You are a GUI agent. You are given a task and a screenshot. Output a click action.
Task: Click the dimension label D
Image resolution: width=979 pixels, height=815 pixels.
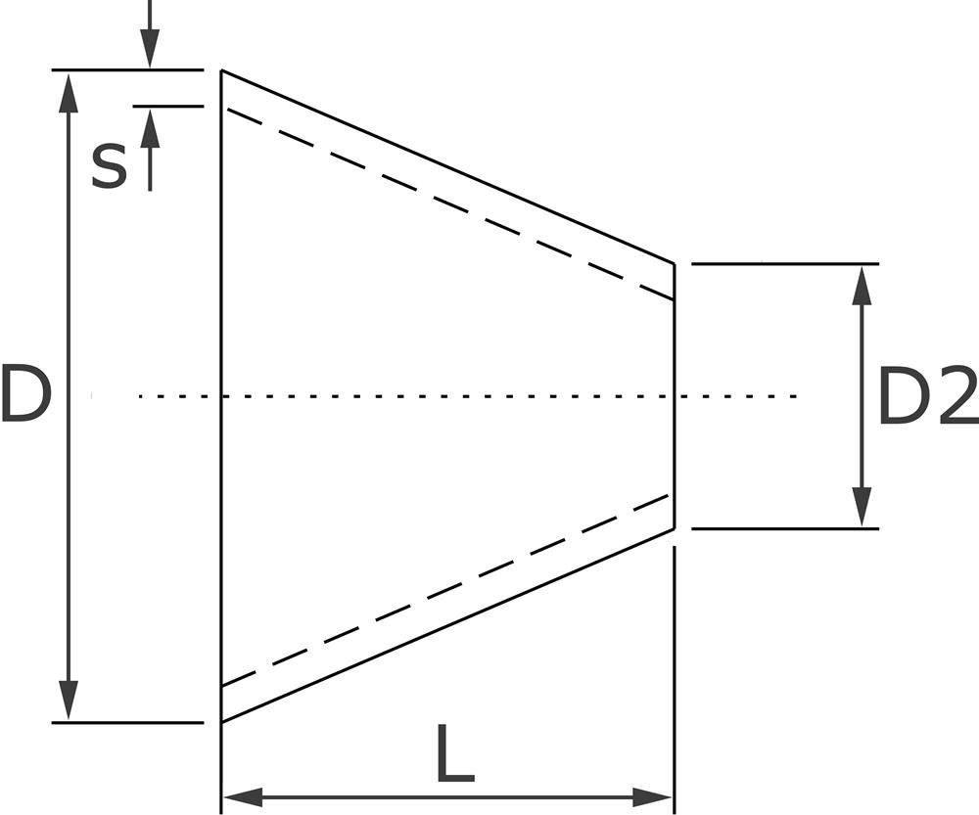click(x=25, y=394)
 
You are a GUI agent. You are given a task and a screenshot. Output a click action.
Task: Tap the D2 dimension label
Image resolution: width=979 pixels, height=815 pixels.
click(x=925, y=396)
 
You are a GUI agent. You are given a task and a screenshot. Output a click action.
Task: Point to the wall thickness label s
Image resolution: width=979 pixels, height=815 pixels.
click(x=109, y=165)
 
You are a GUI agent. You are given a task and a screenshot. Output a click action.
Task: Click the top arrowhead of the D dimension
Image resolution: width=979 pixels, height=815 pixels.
click(x=68, y=88)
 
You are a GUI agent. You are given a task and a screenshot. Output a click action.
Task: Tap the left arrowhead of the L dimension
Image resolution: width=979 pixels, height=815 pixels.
click(x=241, y=796)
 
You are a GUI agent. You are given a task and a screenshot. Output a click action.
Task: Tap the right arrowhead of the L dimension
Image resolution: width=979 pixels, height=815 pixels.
click(x=656, y=796)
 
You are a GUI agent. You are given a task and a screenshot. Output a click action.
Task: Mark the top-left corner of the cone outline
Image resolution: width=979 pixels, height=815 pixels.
click(x=222, y=70)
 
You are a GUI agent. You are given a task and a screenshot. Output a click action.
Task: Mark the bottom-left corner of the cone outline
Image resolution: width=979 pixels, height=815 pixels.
click(x=222, y=722)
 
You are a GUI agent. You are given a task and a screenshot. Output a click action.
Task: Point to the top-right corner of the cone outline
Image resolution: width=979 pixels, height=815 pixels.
click(x=675, y=263)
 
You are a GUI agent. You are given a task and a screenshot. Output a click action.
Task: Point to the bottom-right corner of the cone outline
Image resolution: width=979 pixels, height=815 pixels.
click(x=675, y=528)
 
